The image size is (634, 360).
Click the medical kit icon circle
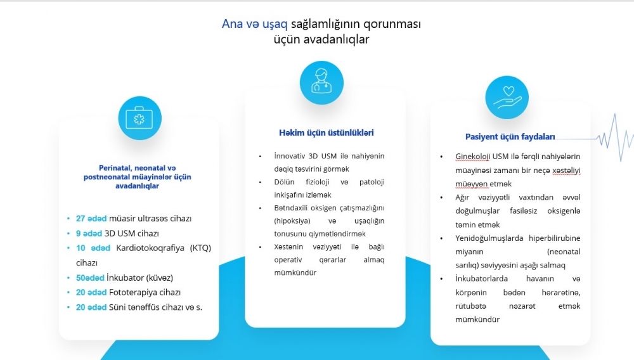[x=140, y=119]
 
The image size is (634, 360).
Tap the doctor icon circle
[x=321, y=83]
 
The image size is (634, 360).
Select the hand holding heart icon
[x=507, y=98]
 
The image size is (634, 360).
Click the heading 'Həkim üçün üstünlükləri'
[x=327, y=132]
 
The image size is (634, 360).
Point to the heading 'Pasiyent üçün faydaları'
[x=510, y=136]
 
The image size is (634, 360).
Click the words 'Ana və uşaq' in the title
[x=254, y=24]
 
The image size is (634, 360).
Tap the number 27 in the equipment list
[x=81, y=219]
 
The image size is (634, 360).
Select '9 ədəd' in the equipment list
[x=89, y=233]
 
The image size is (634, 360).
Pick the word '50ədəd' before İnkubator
[x=90, y=278]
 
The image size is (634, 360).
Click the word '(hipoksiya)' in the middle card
[x=292, y=221]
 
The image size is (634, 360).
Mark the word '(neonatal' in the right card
[x=564, y=252]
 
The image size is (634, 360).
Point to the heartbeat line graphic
[x=595, y=138]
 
